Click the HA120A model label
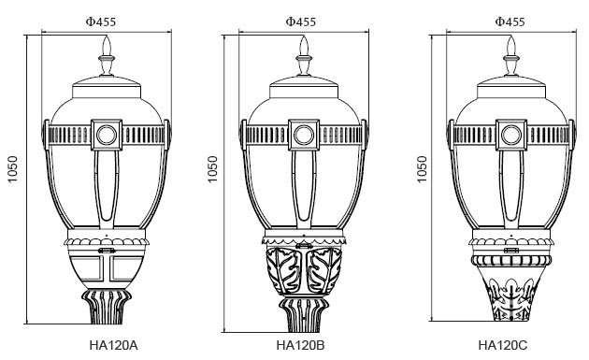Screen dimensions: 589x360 point(113,345)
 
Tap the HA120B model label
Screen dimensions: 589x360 point(300,345)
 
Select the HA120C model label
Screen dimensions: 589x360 point(503,345)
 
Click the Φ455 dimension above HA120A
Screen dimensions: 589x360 point(101,22)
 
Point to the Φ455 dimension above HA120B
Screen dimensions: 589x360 point(300,22)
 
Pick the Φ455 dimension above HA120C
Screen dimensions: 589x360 point(510,22)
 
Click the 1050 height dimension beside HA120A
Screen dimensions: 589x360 point(13,169)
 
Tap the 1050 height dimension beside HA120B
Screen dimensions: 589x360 point(212,169)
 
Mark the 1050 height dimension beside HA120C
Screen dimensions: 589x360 point(423,169)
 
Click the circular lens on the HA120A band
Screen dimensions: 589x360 point(107,135)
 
